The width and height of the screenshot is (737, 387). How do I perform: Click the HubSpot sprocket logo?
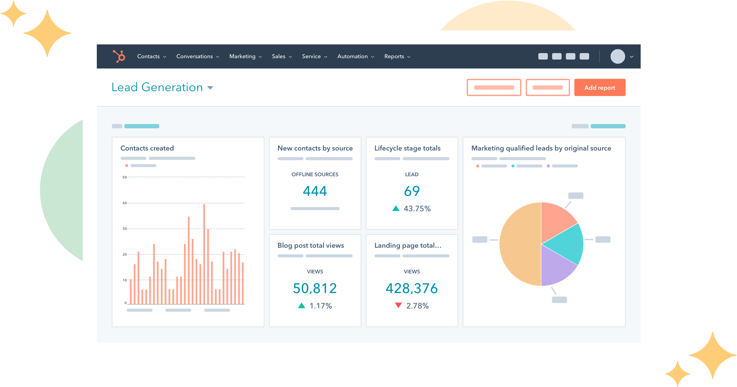pyautogui.click(x=119, y=56)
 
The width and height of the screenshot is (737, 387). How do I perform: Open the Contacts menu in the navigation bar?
pyautogui.click(x=151, y=56)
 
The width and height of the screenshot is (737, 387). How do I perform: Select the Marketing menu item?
pyautogui.click(x=245, y=56)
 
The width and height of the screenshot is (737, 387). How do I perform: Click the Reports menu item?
pyautogui.click(x=397, y=56)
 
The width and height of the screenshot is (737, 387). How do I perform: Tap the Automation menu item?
pyautogui.click(x=355, y=56)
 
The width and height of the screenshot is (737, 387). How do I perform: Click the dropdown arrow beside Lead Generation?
pyautogui.click(x=210, y=88)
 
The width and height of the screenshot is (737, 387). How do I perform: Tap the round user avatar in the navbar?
pyautogui.click(x=618, y=56)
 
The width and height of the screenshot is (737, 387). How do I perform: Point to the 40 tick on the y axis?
pyautogui.click(x=124, y=203)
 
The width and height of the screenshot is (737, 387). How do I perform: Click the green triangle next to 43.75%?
pyautogui.click(x=396, y=208)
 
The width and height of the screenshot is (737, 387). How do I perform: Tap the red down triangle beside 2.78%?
pyautogui.click(x=398, y=305)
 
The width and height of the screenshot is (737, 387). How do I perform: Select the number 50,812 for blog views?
pyautogui.click(x=315, y=288)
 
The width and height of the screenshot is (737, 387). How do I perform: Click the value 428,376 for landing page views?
pyautogui.click(x=412, y=288)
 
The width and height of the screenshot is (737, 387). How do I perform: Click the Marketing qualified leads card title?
pyautogui.click(x=541, y=148)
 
